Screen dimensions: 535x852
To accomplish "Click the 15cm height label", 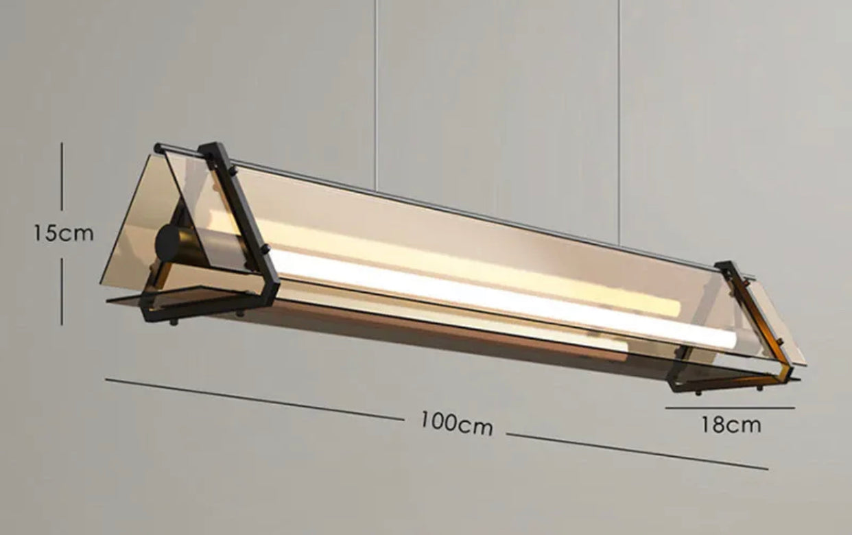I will click(x=63, y=233).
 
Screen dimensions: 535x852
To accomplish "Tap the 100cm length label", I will click(x=456, y=423).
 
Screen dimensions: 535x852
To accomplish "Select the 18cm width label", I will click(x=731, y=425).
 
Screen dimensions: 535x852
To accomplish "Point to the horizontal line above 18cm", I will click(x=730, y=408).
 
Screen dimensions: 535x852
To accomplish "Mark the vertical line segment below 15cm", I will click(x=62, y=292).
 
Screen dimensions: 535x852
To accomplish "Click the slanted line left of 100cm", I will click(x=254, y=399).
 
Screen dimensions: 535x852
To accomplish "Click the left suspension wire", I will click(x=375, y=89).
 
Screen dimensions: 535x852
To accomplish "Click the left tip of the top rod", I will click(x=158, y=147).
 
